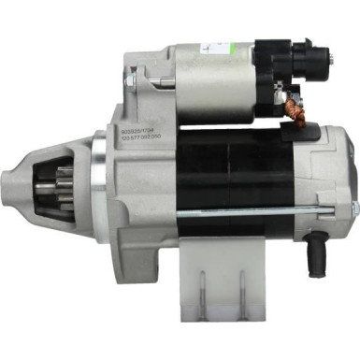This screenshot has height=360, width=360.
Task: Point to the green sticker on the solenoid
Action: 208,44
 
